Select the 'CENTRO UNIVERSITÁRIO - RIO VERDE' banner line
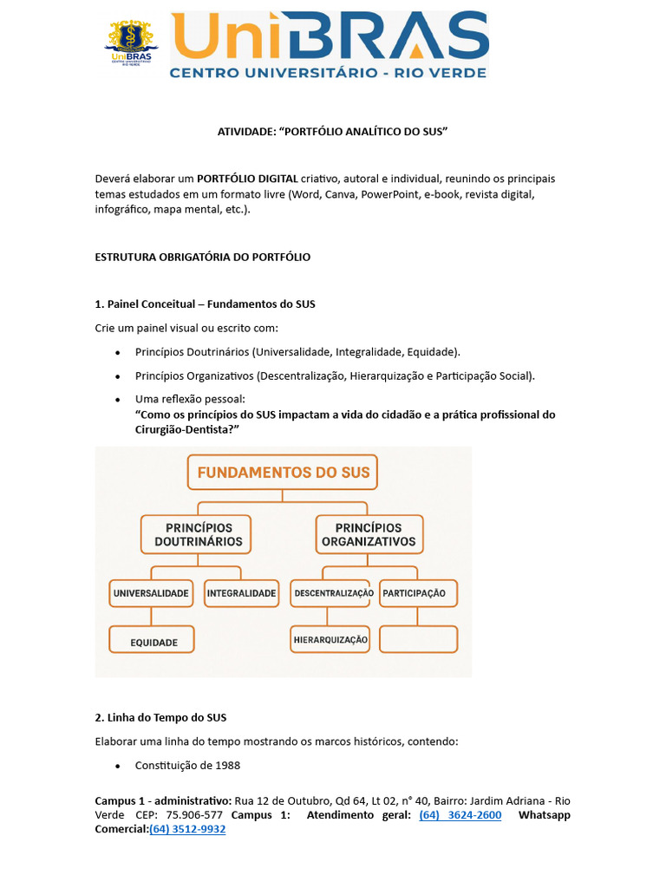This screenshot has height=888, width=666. (328, 73)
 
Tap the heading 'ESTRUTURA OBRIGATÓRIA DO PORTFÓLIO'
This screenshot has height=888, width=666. (202, 258)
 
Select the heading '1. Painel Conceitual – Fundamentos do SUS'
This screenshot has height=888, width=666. (205, 304)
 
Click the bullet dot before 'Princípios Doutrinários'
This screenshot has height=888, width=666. (117, 352)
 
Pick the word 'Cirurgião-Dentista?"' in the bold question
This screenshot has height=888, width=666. (187, 429)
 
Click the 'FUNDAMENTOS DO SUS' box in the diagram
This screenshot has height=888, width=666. (284, 473)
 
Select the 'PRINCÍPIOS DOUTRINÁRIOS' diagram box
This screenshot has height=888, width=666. (198, 535)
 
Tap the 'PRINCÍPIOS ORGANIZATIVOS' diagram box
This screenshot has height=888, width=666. (369, 535)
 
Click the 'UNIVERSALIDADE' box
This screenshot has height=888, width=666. (151, 594)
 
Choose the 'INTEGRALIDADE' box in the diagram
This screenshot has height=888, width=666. (241, 594)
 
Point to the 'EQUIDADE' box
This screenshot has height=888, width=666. (152, 641)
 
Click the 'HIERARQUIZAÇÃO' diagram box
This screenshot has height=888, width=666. (330, 640)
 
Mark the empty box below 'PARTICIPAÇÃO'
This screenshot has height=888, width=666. (418, 639)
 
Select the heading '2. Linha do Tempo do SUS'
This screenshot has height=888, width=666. (160, 718)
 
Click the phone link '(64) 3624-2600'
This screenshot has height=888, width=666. (460, 815)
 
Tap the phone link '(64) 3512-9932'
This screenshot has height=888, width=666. (187, 829)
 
